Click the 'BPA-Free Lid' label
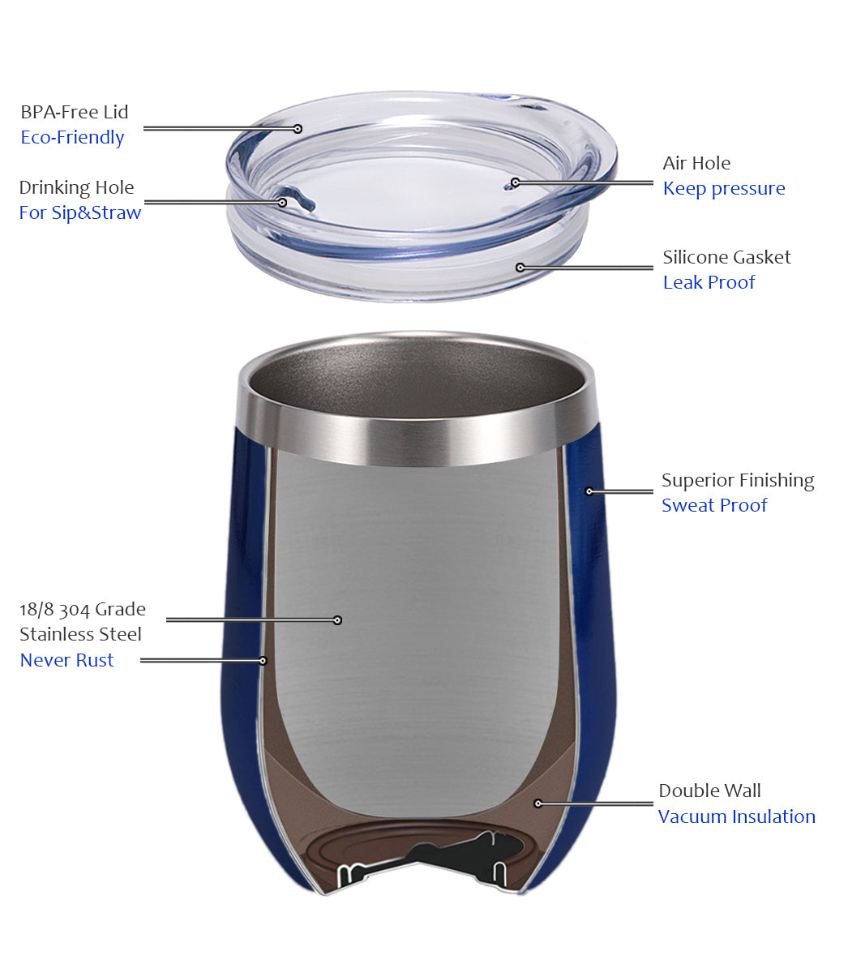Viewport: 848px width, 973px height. (75, 112)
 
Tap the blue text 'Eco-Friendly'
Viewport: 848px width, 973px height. (72, 138)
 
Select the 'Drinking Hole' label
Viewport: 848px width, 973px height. (76, 188)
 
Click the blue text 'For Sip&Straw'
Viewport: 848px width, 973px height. (80, 212)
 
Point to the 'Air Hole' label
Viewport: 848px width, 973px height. (696, 163)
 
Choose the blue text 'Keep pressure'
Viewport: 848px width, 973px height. (724, 189)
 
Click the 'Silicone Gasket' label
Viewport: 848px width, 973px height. (726, 257)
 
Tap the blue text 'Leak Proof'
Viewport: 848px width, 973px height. (709, 282)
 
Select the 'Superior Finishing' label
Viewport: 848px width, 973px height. (738, 481)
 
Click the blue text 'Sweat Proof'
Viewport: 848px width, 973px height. (714, 505)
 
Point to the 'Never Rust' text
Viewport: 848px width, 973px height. (66, 660)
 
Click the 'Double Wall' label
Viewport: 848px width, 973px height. (709, 791)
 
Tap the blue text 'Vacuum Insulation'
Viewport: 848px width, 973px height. (737, 817)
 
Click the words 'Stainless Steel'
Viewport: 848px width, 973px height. (80, 634)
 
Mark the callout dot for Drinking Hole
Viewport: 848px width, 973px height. (282, 203)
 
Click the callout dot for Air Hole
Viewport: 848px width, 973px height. (516, 182)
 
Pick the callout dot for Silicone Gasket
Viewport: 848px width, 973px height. (520, 268)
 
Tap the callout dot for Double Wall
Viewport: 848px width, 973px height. (538, 804)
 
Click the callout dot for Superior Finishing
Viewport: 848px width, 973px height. (589, 491)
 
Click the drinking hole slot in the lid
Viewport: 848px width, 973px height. (301, 199)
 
